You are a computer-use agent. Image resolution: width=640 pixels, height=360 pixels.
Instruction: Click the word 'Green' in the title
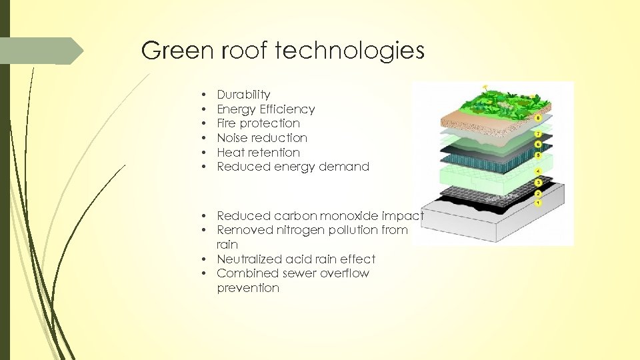[x=173, y=51]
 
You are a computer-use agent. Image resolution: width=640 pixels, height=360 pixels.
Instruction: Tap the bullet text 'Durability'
[x=243, y=95]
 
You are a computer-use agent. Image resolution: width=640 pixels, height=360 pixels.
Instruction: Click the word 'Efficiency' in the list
[x=291, y=109]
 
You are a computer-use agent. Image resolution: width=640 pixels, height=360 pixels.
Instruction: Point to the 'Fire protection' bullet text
[x=258, y=123]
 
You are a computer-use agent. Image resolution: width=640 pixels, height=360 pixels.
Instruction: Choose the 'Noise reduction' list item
[x=262, y=138]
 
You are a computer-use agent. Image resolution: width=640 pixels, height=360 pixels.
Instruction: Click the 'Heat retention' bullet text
[x=258, y=153]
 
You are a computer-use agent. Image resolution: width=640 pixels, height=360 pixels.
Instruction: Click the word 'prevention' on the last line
[x=248, y=288]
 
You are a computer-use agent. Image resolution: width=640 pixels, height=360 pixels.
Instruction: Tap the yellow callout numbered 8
[x=539, y=119]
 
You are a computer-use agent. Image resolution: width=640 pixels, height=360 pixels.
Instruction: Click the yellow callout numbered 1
[x=539, y=202]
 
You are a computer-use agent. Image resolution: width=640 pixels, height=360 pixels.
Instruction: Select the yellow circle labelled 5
[x=539, y=155]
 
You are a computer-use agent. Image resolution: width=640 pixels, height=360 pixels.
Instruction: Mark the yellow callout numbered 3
[x=539, y=183]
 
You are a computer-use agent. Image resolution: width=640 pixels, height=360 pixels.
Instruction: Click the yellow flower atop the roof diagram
[x=485, y=87]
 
